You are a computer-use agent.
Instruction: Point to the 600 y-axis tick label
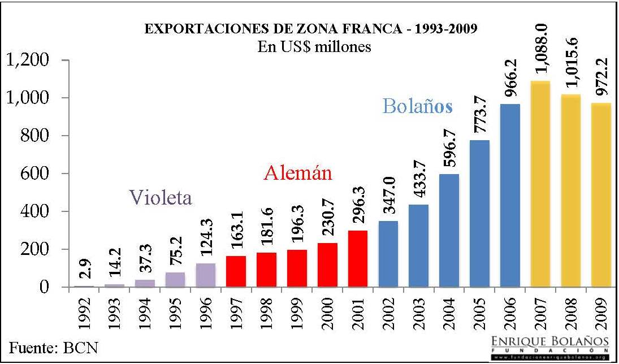pyautogui.click(x=36, y=174)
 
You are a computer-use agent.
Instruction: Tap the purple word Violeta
pyautogui.click(x=161, y=197)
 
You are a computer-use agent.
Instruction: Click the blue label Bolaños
pyautogui.click(x=417, y=106)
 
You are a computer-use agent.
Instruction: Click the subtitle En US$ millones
pyautogui.click(x=314, y=46)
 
